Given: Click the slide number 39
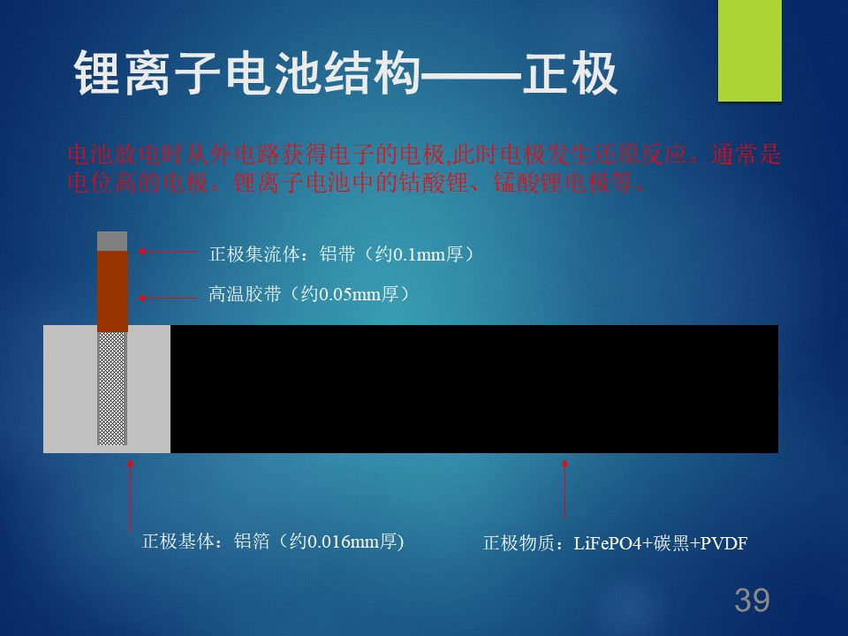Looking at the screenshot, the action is [x=752, y=600].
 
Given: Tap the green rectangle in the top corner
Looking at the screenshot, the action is [x=750, y=50].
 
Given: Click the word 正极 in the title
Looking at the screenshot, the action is [x=570, y=73].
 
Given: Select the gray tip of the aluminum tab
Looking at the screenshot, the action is [x=112, y=241].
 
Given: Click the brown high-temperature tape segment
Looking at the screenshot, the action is [x=112, y=291].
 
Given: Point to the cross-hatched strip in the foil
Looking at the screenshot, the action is [x=112, y=389].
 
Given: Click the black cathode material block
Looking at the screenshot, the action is [x=474, y=389].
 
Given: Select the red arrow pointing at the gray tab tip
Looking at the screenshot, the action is [x=168, y=252].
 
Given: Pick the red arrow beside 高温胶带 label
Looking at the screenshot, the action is [x=168, y=298].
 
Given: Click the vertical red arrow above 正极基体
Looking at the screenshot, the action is [x=130, y=495].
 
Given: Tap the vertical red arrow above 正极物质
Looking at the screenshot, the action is [x=564, y=488].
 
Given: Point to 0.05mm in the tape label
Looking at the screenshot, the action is [x=350, y=294].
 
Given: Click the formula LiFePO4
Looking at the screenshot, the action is [x=608, y=543].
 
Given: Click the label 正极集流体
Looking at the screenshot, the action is [x=254, y=254].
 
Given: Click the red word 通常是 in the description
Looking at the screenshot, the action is [x=746, y=155].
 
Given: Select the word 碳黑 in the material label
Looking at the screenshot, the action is [x=671, y=543].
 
